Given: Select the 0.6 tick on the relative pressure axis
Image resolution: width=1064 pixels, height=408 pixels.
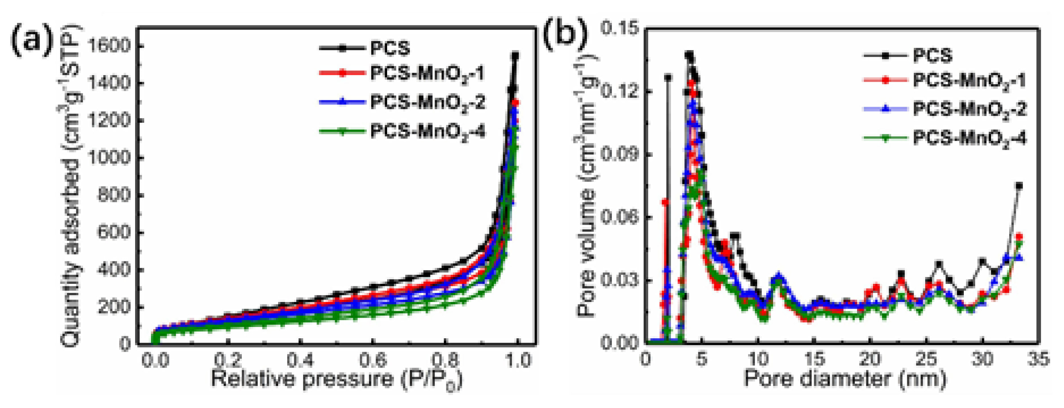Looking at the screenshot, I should coord(373,360).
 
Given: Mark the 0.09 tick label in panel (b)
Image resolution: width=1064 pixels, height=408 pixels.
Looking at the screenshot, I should coord(620,155).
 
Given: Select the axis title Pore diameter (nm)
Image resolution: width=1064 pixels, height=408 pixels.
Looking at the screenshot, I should coord(845,378).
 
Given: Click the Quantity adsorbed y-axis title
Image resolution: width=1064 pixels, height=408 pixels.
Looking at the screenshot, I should coord(71,186).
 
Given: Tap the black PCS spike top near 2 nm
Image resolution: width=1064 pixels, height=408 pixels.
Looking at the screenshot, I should coord(668,77).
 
